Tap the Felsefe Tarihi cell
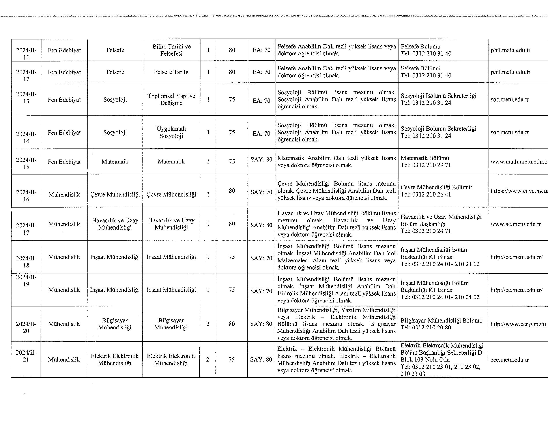click(171, 72)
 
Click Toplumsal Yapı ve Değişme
click(171, 100)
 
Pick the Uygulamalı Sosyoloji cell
click(171, 132)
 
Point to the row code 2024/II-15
click(26, 163)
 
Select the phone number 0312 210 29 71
click(432, 165)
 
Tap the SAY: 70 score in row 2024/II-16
click(261, 192)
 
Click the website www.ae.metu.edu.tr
click(516, 224)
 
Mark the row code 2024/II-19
click(26, 281)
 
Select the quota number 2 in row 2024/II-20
click(208, 324)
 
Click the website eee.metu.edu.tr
click(509, 360)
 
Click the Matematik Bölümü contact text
click(425, 158)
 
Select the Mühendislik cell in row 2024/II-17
click(64, 224)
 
